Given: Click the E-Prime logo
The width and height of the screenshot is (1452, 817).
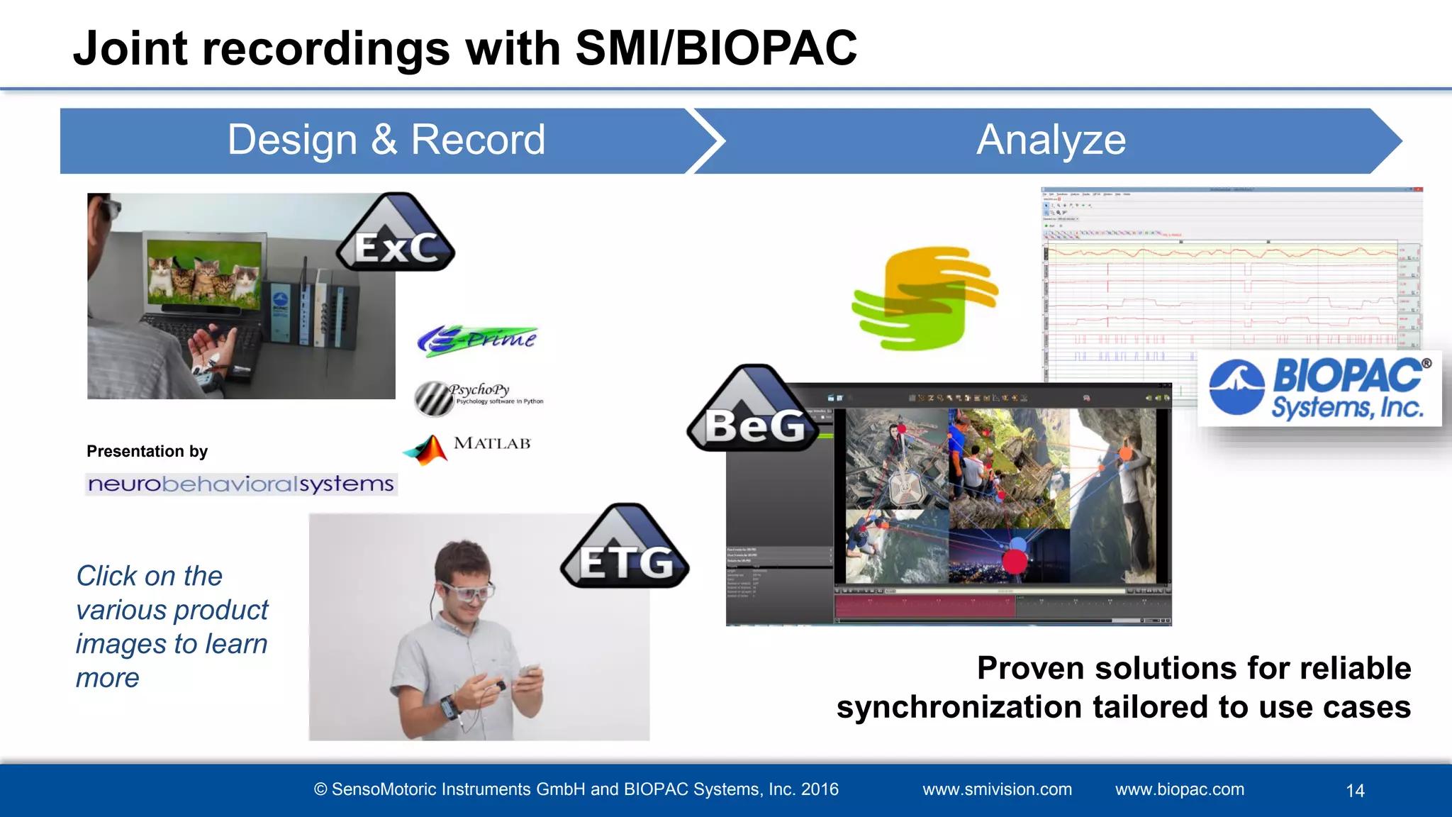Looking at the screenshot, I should pyautogui.click(x=477, y=340).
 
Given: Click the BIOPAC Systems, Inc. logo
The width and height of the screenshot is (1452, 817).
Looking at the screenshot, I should pyautogui.click(x=1319, y=389).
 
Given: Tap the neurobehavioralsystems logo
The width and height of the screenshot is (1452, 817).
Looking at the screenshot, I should pyautogui.click(x=241, y=484).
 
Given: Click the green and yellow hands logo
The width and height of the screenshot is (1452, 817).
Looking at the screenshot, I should pyautogui.click(x=924, y=299).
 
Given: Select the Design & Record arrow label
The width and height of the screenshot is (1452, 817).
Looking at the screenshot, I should pyautogui.click(x=386, y=140).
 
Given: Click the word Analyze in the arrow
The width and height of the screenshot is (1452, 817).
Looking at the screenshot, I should pyautogui.click(x=1051, y=140).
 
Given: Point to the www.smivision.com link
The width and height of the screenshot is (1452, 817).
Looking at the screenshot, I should pyautogui.click(x=997, y=789).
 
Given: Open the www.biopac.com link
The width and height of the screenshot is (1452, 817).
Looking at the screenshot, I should pyautogui.click(x=1179, y=789).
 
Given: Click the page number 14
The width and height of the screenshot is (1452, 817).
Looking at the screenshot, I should pyautogui.click(x=1355, y=791).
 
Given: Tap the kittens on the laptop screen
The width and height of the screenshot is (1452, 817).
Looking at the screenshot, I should pyautogui.click(x=203, y=277).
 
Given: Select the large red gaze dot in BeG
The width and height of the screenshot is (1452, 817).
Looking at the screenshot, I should pyautogui.click(x=1015, y=560).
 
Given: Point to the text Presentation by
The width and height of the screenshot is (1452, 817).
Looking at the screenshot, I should pyautogui.click(x=147, y=452).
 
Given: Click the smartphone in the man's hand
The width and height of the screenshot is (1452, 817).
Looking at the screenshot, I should pyautogui.click(x=527, y=671).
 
